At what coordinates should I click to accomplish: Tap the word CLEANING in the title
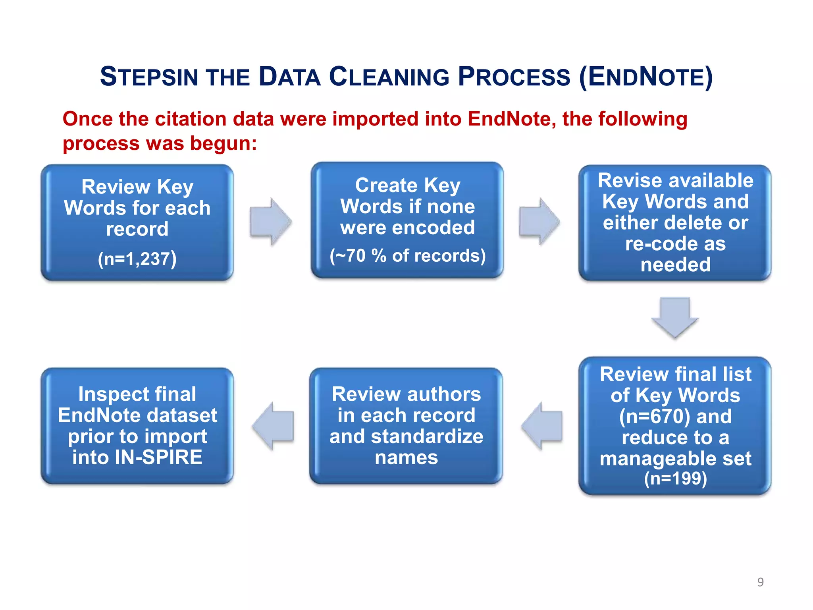[389, 77]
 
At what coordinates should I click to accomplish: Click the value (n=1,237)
[137, 259]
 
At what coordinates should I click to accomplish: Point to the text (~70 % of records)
[408, 256]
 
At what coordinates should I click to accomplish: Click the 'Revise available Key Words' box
[675, 222]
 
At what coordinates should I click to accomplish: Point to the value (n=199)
[675, 478]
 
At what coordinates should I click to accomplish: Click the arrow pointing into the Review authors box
[542, 426]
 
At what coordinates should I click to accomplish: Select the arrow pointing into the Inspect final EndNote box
[273, 426]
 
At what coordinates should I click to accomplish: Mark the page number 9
[760, 582]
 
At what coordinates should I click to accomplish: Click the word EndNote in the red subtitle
[512, 119]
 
